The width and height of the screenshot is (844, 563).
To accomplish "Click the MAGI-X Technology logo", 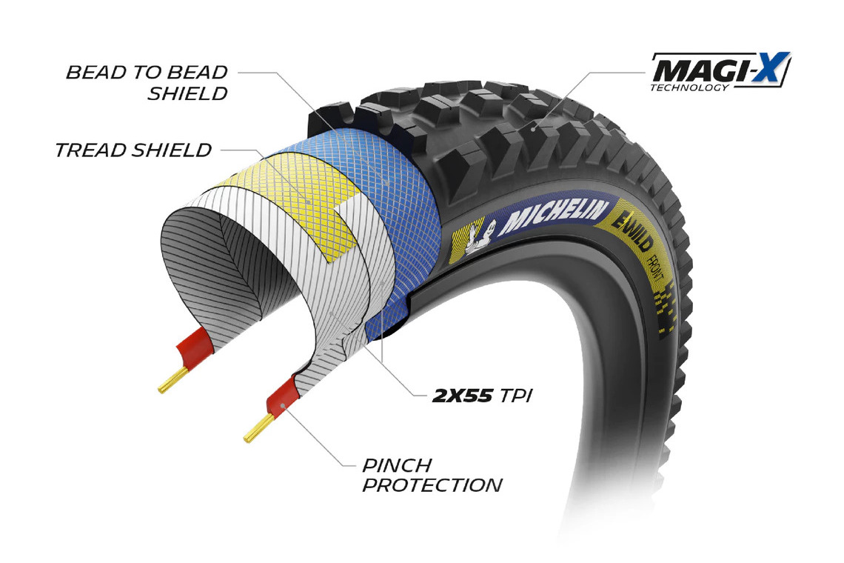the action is tap(720, 72).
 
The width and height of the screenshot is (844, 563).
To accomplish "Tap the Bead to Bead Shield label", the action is tap(147, 83).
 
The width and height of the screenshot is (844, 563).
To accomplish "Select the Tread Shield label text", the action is tap(133, 150).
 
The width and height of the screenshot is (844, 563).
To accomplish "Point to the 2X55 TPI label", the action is tap(482, 396).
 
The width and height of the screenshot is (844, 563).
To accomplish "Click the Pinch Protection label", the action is tap(432, 475).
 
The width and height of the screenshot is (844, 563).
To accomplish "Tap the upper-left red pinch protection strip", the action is tap(195, 346).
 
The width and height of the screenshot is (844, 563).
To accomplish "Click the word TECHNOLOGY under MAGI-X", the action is tap(689, 87).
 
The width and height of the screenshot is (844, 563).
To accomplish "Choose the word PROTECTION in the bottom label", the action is tap(432, 485).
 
